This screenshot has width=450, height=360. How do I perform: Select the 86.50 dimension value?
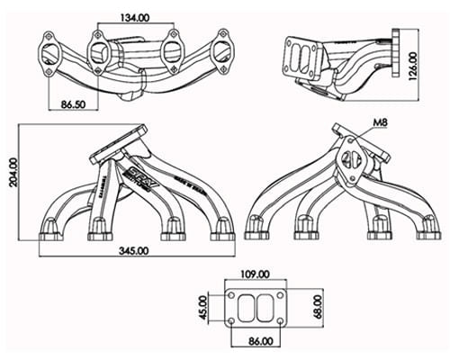(71, 104)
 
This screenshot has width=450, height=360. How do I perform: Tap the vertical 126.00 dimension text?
(413, 65)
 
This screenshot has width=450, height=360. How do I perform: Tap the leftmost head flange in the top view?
(50, 49)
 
